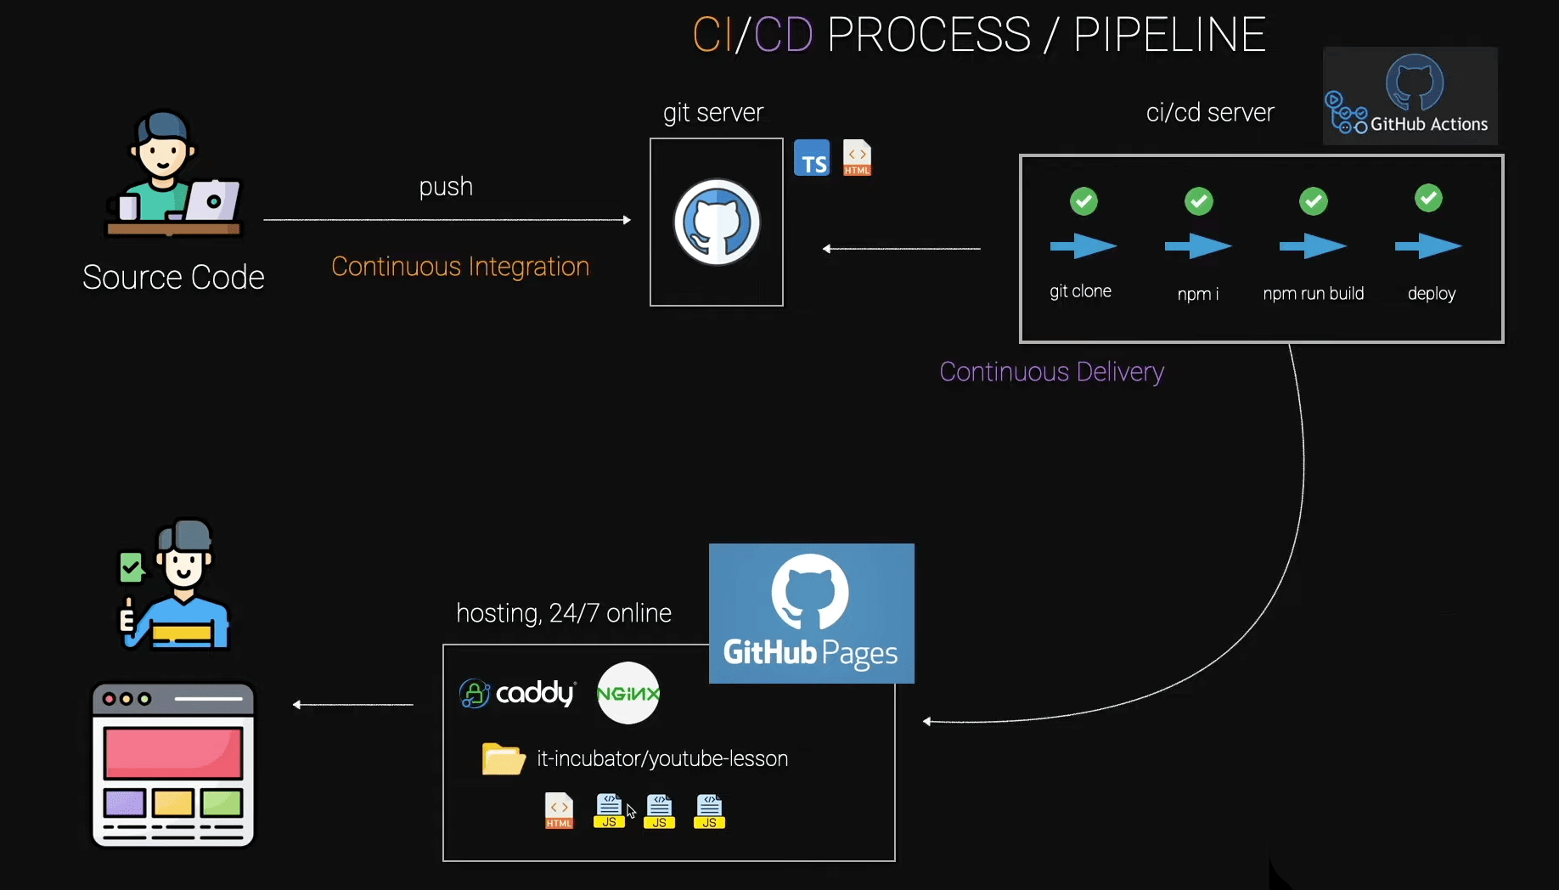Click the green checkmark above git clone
(1083, 201)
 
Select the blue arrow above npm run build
(1313, 246)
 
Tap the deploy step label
(1432, 294)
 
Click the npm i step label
(1197, 294)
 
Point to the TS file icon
(812, 159)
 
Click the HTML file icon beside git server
(857, 158)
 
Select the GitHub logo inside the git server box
(717, 222)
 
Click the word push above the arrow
(446, 187)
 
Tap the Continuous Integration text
(460, 267)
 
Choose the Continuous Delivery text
(1051, 372)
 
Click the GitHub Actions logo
(1410, 95)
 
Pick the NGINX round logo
(628, 693)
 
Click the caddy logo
(518, 693)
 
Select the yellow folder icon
(504, 758)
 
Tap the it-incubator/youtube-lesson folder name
(662, 758)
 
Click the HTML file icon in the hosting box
(559, 811)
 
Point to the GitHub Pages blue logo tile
(811, 613)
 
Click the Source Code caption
(173, 278)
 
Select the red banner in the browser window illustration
(173, 752)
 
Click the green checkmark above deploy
(1428, 199)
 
